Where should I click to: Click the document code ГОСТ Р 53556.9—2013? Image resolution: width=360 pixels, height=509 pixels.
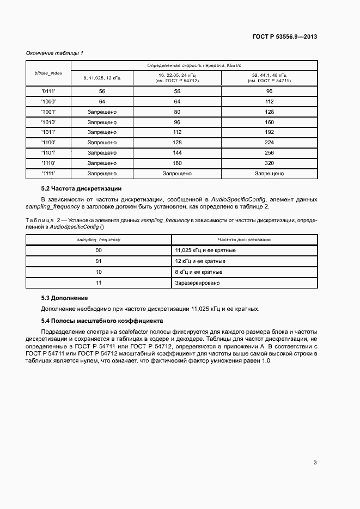click(284, 37)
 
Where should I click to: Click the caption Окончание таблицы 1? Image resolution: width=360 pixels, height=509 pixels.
click(54, 53)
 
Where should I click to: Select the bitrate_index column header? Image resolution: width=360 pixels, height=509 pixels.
click(48, 72)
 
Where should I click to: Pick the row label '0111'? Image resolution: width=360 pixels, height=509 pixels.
click(48, 91)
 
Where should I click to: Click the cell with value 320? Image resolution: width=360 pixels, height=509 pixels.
click(269, 163)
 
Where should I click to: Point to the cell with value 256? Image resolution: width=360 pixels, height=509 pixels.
click(269, 153)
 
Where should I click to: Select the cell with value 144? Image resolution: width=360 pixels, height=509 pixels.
click(177, 153)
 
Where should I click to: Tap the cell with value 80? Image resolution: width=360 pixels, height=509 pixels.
click(177, 112)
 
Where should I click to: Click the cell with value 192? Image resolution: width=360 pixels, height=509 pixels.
click(269, 132)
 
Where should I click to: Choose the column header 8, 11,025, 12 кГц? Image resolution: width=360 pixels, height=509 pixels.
click(102, 78)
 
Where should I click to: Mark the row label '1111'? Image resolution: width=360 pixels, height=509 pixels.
click(48, 174)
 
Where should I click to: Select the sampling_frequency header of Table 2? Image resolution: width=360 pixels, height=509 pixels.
click(99, 240)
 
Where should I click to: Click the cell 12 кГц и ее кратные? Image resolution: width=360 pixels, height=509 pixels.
click(200, 261)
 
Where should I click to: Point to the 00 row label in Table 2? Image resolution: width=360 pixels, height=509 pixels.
click(99, 250)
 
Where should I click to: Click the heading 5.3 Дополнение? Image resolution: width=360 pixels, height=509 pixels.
click(64, 298)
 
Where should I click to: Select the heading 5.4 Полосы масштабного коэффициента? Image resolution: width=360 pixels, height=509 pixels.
click(102, 321)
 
